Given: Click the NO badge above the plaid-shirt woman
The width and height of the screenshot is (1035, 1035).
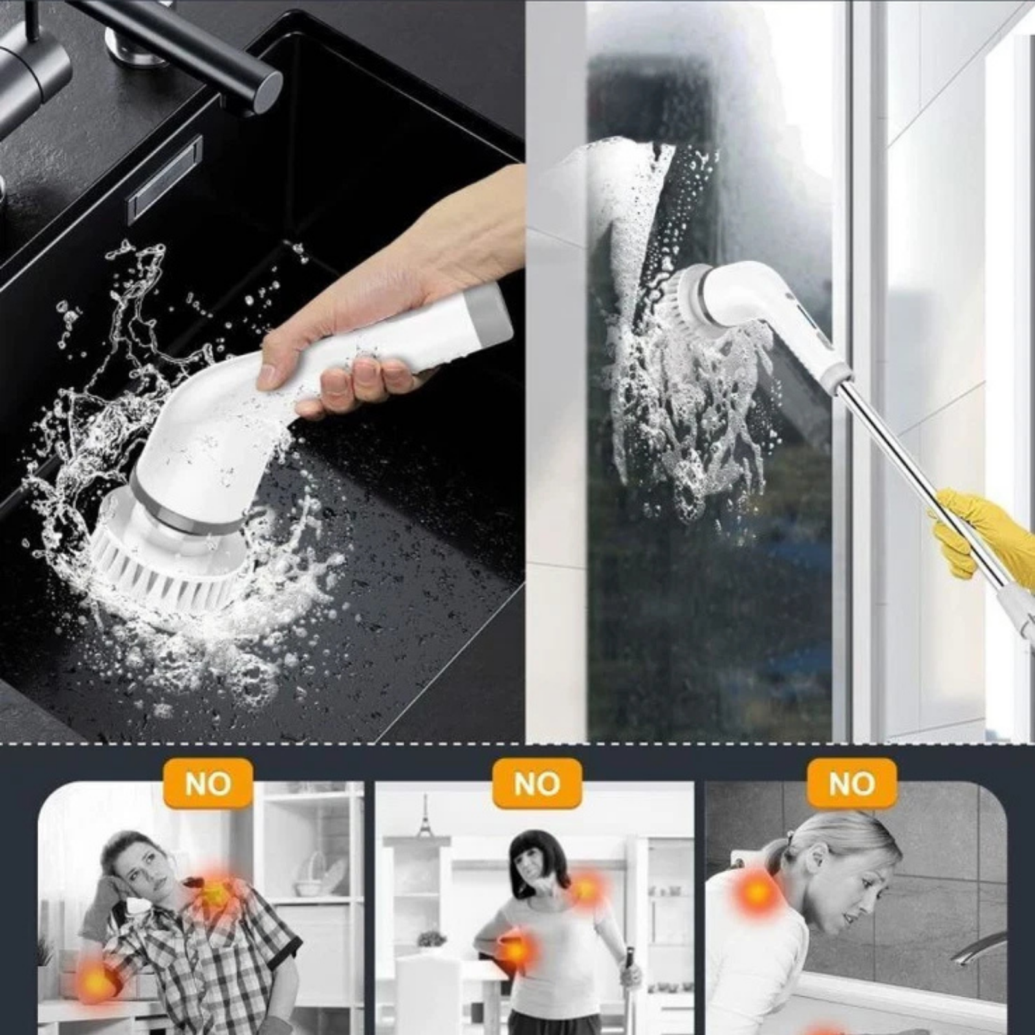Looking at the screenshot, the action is tap(207, 784).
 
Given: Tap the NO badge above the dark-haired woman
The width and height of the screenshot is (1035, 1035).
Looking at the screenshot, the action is tap(536, 784).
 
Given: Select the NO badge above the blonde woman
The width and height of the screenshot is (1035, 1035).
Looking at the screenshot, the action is tap(852, 784).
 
